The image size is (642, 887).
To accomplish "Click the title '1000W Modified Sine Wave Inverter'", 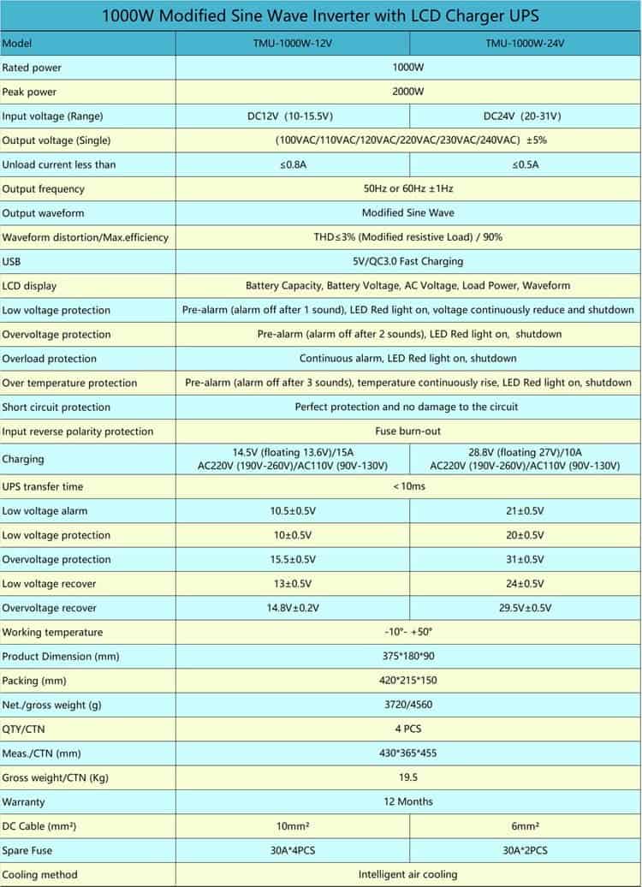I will coord(321,15).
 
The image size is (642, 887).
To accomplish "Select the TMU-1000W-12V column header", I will coord(292,44).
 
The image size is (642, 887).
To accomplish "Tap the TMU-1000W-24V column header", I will coord(525,44).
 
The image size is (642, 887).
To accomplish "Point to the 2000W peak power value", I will coord(407,92).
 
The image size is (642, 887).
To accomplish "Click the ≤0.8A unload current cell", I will coord(293,164).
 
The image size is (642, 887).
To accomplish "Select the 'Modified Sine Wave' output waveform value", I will coord(407,213).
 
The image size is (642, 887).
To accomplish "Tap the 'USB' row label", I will coord(11,261).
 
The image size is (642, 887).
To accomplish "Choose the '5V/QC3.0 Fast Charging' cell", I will coord(407,261).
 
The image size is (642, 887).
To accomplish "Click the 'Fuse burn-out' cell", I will coord(407,432).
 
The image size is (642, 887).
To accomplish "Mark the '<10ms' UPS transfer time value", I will coord(407,486).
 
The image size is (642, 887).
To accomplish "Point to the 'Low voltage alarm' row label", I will coord(45,511).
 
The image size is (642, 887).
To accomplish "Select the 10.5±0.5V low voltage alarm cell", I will coord(293,511).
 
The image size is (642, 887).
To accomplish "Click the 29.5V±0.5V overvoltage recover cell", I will coord(525,608).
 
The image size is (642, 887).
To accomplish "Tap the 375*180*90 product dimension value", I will coord(407,656).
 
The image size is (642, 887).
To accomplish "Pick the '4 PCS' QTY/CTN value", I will coord(407,729).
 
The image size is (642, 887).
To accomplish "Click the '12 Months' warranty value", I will coord(407,801).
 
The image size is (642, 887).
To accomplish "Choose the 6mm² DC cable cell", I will coord(525,826).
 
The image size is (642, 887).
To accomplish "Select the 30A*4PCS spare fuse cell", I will coord(293,850).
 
